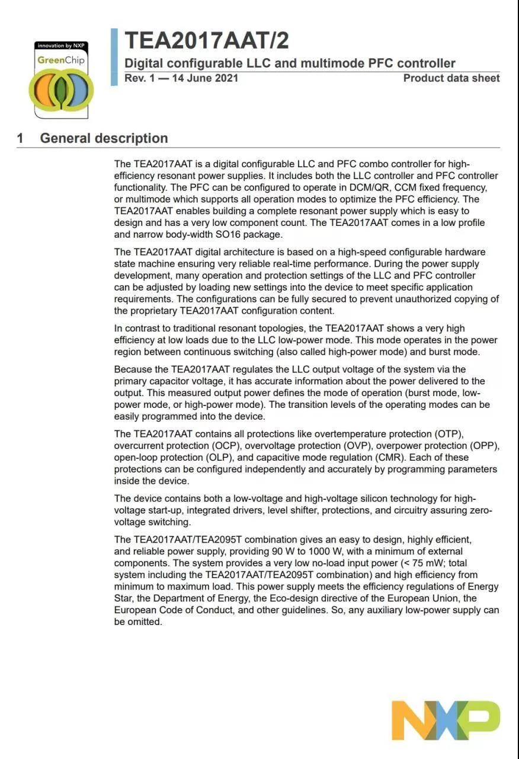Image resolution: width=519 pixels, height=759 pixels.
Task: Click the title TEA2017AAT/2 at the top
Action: pos(207,40)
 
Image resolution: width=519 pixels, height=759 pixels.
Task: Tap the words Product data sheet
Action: pos(451,78)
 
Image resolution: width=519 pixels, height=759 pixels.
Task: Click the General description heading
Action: pos(104,138)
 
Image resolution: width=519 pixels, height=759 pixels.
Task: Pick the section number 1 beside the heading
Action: pos(20,138)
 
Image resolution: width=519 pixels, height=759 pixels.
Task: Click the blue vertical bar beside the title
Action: pos(114,57)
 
